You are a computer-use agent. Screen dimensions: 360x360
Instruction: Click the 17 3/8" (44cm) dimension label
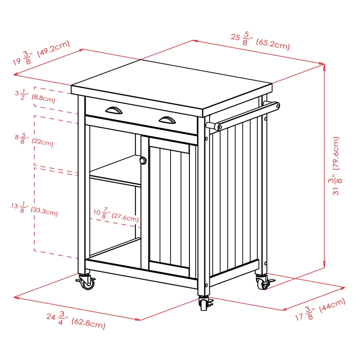click(x=320, y=310)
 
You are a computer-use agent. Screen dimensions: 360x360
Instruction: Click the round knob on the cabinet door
click(x=143, y=160)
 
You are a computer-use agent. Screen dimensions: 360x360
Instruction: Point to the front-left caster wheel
click(x=87, y=283)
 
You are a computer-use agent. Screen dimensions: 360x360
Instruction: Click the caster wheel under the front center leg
click(x=205, y=304)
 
